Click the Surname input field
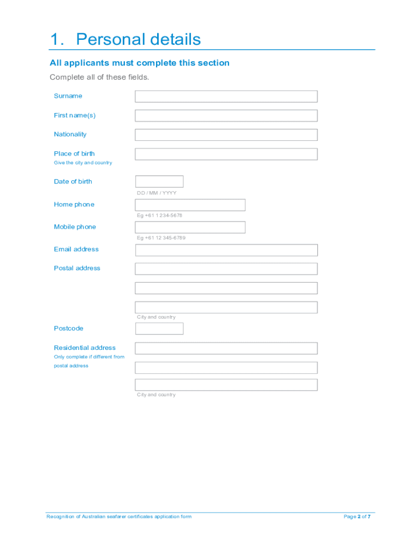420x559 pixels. (226, 97)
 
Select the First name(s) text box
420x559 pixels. (226, 116)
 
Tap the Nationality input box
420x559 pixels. (226, 135)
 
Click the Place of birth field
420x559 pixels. (226, 154)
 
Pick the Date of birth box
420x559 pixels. (159, 182)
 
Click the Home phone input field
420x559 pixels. (190, 205)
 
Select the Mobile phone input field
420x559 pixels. (190, 227)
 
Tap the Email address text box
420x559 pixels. (226, 251)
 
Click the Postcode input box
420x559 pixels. (159, 329)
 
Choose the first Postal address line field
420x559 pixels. (226, 269)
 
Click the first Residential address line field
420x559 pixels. (226, 348)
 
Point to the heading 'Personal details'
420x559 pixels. (139, 39)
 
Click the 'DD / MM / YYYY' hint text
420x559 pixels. (157, 193)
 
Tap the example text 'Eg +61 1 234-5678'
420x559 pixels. (159, 216)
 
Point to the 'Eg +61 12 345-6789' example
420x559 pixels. (161, 238)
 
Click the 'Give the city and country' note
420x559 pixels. (83, 163)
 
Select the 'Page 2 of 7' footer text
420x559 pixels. (357, 516)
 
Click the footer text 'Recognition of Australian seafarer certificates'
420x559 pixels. (119, 516)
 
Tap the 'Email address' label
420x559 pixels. (76, 249)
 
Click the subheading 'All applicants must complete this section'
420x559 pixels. (140, 63)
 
